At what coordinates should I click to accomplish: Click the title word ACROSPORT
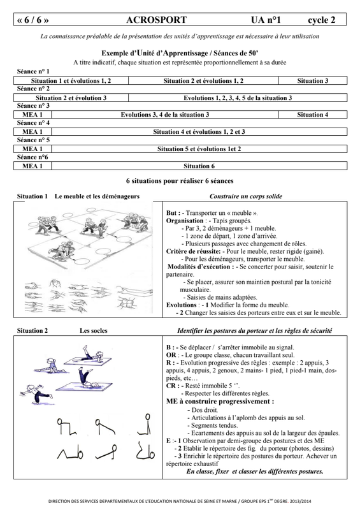point(156,20)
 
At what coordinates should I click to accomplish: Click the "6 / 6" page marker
point(32,20)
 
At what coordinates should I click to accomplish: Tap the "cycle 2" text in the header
point(321,20)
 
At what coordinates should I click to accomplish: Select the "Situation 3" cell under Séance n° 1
point(312,81)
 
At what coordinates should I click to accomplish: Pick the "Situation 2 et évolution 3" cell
point(71,98)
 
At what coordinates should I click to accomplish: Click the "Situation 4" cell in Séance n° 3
point(312,115)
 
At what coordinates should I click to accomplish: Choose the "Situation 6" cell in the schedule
point(199,166)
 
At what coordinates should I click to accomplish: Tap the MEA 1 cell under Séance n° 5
point(32,149)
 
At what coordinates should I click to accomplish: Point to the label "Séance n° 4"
point(33,123)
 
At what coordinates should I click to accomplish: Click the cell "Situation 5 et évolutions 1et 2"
point(199,149)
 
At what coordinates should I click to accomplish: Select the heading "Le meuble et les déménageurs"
point(97,196)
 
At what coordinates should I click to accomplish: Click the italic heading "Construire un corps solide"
point(246,196)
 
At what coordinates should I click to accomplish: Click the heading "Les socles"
point(93,331)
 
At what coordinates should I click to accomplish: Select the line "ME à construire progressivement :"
point(220,402)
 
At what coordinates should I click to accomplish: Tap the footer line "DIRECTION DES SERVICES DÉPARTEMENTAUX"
point(180,502)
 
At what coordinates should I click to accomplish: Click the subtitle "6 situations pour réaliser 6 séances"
point(180,181)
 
